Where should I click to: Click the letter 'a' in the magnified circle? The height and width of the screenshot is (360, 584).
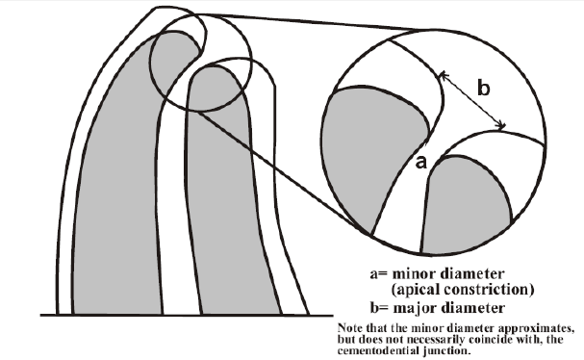(420, 163)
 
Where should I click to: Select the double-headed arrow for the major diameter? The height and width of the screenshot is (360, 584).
(471, 100)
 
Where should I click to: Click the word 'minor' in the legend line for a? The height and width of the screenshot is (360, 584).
(417, 273)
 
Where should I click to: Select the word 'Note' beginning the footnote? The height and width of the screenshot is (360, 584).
(350, 328)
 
